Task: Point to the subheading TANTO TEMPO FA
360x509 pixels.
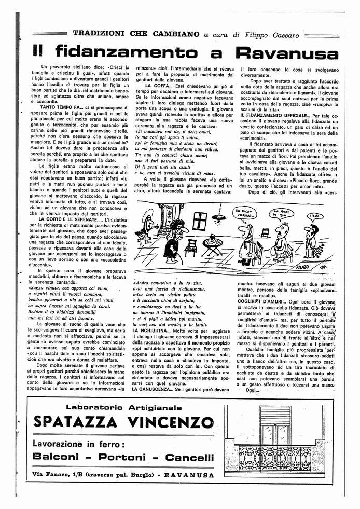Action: [x=59, y=107]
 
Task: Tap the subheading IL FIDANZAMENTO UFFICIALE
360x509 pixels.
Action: [x=275, y=115]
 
